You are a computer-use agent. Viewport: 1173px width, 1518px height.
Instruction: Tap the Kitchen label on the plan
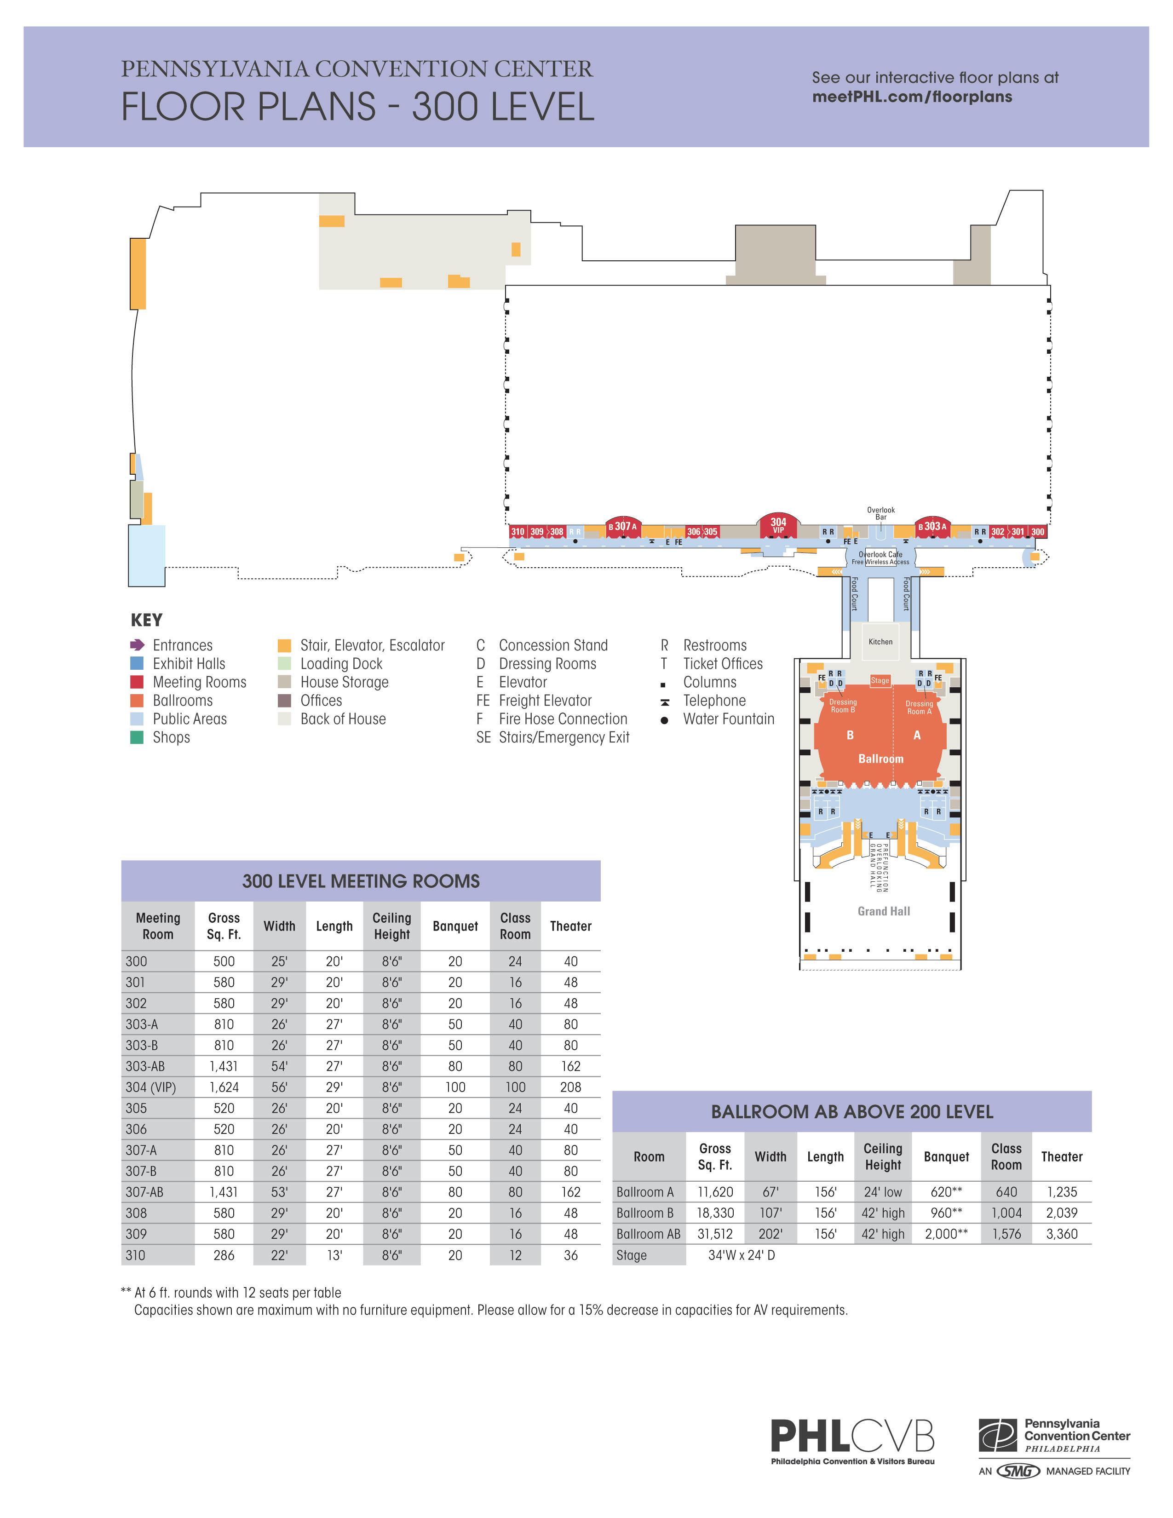pos(880,642)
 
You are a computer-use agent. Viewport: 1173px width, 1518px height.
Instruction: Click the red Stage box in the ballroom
pos(880,680)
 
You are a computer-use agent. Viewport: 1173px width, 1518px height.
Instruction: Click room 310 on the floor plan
pos(517,532)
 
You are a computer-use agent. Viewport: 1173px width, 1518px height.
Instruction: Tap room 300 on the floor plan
pos(1037,532)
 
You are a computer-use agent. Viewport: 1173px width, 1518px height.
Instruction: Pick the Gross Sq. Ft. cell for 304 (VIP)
pos(224,1087)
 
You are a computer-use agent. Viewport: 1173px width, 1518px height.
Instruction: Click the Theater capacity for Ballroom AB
pos(1061,1234)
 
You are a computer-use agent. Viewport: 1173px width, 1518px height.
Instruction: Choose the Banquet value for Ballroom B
pos(946,1213)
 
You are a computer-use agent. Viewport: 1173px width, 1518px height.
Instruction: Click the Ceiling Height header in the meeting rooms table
pos(391,926)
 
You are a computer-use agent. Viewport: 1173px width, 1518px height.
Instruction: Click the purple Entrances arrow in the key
pos(138,645)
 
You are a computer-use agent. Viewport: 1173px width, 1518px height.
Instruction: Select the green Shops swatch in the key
pos(137,737)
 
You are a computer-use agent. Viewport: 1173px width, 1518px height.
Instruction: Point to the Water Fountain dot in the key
pos(664,720)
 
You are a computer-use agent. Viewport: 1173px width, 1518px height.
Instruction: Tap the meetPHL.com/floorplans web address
pos(912,97)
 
